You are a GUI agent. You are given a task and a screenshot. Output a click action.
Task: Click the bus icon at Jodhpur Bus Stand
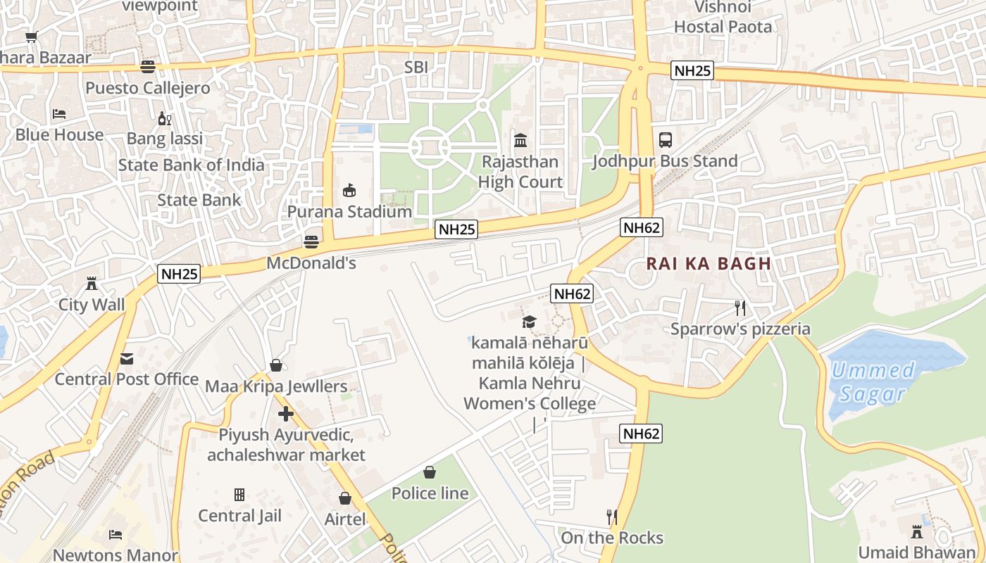[665, 139]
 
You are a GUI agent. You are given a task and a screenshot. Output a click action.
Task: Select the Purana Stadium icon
[349, 190]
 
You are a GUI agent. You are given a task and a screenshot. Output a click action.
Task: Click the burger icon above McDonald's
[311, 242]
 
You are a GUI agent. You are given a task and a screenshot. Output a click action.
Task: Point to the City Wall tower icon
[91, 284]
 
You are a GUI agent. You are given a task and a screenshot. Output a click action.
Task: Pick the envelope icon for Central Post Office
[126, 359]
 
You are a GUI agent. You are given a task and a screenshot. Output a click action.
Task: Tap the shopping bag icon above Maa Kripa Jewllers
[276, 366]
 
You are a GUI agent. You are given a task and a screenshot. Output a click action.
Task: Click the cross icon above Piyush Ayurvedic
[285, 414]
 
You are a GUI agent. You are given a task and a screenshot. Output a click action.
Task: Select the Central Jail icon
[239, 495]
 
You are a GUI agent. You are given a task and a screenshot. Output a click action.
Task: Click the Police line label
[430, 493]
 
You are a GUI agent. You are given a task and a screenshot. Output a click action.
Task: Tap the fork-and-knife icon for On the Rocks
[611, 517]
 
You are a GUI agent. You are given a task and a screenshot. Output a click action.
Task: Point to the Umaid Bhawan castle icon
[917, 531]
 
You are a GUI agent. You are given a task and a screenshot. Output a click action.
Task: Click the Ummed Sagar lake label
[872, 381]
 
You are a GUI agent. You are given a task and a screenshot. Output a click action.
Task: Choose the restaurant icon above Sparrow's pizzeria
[739, 308]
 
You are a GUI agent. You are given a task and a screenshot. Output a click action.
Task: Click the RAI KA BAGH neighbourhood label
[709, 264]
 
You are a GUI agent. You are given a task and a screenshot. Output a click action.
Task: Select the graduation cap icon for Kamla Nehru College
[529, 322]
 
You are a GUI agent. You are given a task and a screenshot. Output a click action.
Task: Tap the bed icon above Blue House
[59, 114]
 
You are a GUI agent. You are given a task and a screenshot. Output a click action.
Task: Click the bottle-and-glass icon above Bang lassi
[164, 118]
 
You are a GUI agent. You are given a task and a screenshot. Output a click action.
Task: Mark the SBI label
[416, 67]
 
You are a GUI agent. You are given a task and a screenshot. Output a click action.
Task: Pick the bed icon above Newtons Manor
[116, 535]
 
